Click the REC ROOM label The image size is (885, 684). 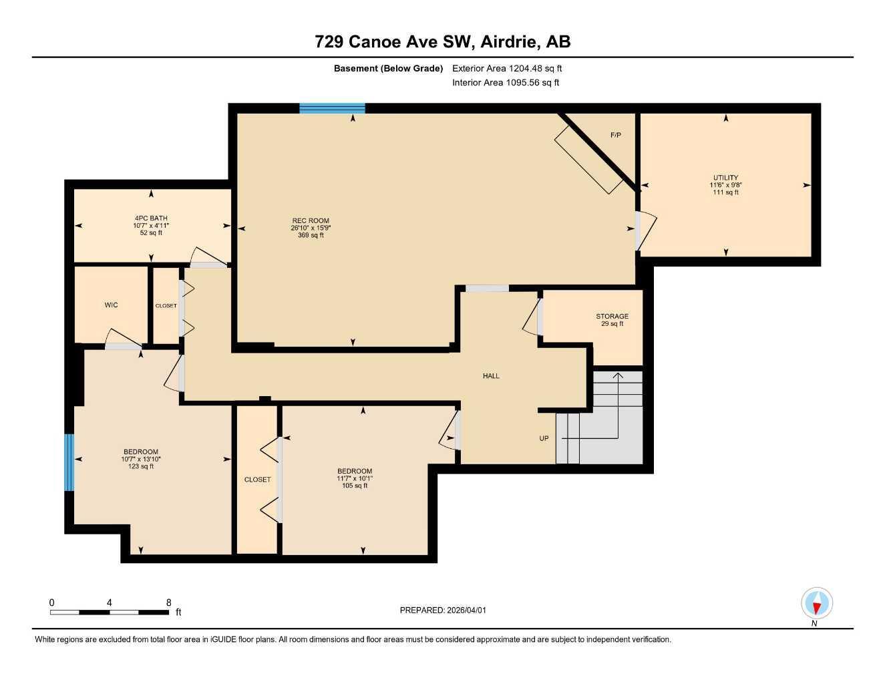[x=310, y=220]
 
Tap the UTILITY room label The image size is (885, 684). [x=725, y=178]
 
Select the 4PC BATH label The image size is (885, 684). [x=151, y=218]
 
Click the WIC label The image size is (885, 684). [x=111, y=305]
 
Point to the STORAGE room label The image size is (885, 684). [x=612, y=316]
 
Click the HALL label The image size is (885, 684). [x=491, y=376]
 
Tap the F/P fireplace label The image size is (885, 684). [x=615, y=135]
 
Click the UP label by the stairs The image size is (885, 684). [x=544, y=438]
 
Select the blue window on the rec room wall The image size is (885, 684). [x=332, y=108]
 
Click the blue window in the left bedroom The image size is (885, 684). [x=69, y=462]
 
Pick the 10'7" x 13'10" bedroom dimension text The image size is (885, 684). [x=141, y=459]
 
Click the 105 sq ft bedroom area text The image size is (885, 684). [x=355, y=486]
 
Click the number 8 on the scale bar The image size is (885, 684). [x=168, y=603]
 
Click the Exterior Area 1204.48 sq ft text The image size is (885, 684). [x=507, y=68]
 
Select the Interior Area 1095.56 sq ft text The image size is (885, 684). [x=505, y=83]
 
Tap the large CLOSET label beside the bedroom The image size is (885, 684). [x=257, y=480]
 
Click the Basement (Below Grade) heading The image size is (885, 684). [x=388, y=68]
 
